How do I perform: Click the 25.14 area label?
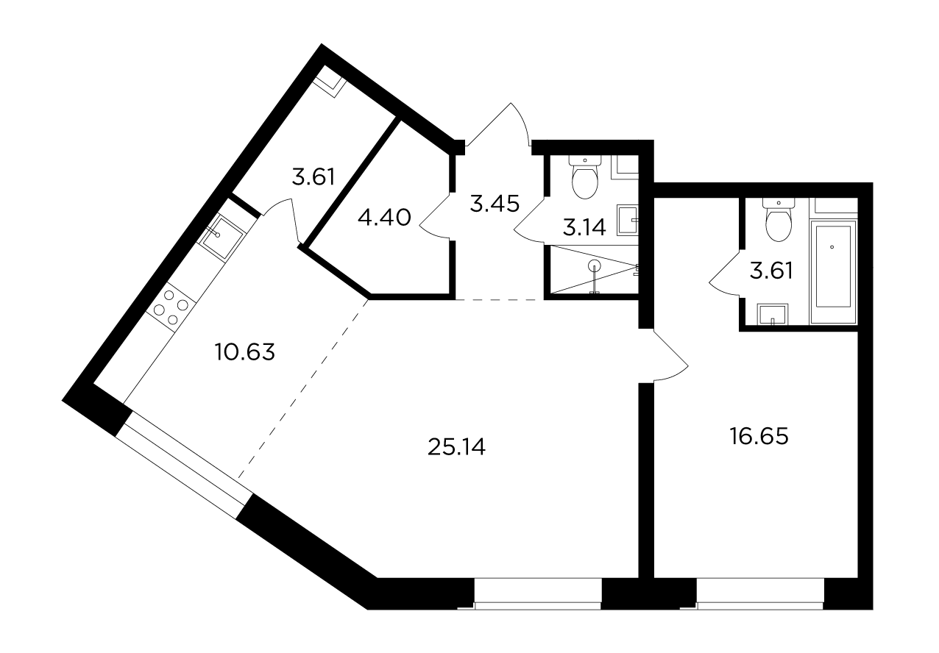pyautogui.click(x=456, y=446)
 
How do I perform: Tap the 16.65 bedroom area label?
pyautogui.click(x=759, y=436)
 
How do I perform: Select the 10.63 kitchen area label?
pyautogui.click(x=245, y=352)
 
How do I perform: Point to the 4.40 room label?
pyautogui.click(x=384, y=218)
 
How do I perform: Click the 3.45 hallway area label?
pyautogui.click(x=495, y=204)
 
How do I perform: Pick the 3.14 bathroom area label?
pyautogui.click(x=584, y=227)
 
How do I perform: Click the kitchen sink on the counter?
pyautogui.click(x=221, y=236)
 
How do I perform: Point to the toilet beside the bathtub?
pyautogui.click(x=779, y=219)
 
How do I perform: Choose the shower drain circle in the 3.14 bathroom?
pyautogui.click(x=595, y=265)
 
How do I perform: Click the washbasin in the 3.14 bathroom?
pyautogui.click(x=628, y=221)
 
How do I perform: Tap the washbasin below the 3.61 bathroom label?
pyautogui.click(x=773, y=314)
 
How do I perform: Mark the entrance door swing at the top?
pyautogui.click(x=499, y=124)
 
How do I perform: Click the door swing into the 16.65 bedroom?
pyautogui.click(x=670, y=355)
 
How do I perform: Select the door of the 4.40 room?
pyautogui.click(x=436, y=215)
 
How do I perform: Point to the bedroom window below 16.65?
pyautogui.click(x=759, y=594)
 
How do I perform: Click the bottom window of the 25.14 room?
pyautogui.click(x=538, y=594)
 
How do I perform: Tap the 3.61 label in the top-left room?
pyautogui.click(x=313, y=176)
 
